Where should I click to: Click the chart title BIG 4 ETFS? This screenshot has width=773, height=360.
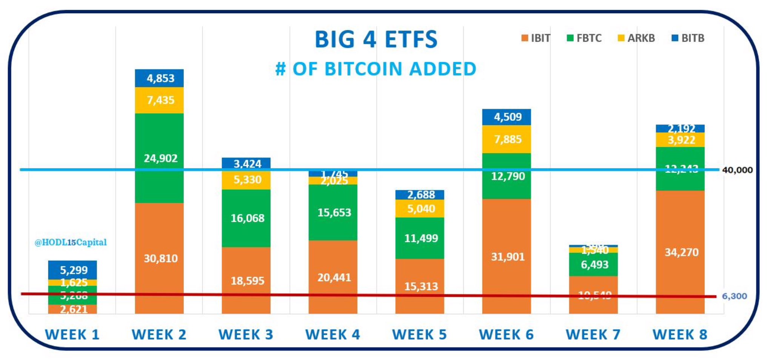point(376,39)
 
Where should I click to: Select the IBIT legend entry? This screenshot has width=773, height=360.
point(536,38)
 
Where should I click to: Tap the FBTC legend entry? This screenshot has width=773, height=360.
point(584,38)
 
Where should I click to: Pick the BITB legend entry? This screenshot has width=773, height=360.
point(688,38)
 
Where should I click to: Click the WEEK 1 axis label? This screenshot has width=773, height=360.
point(72,334)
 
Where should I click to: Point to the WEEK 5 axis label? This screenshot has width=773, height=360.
point(419,334)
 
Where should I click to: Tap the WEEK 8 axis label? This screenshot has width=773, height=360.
point(680,334)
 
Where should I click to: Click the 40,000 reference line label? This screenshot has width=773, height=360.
point(737,170)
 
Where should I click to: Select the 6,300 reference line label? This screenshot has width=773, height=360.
point(734,296)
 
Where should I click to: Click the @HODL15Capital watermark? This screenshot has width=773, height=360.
point(71,242)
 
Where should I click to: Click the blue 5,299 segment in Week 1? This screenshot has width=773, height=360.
point(72,270)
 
